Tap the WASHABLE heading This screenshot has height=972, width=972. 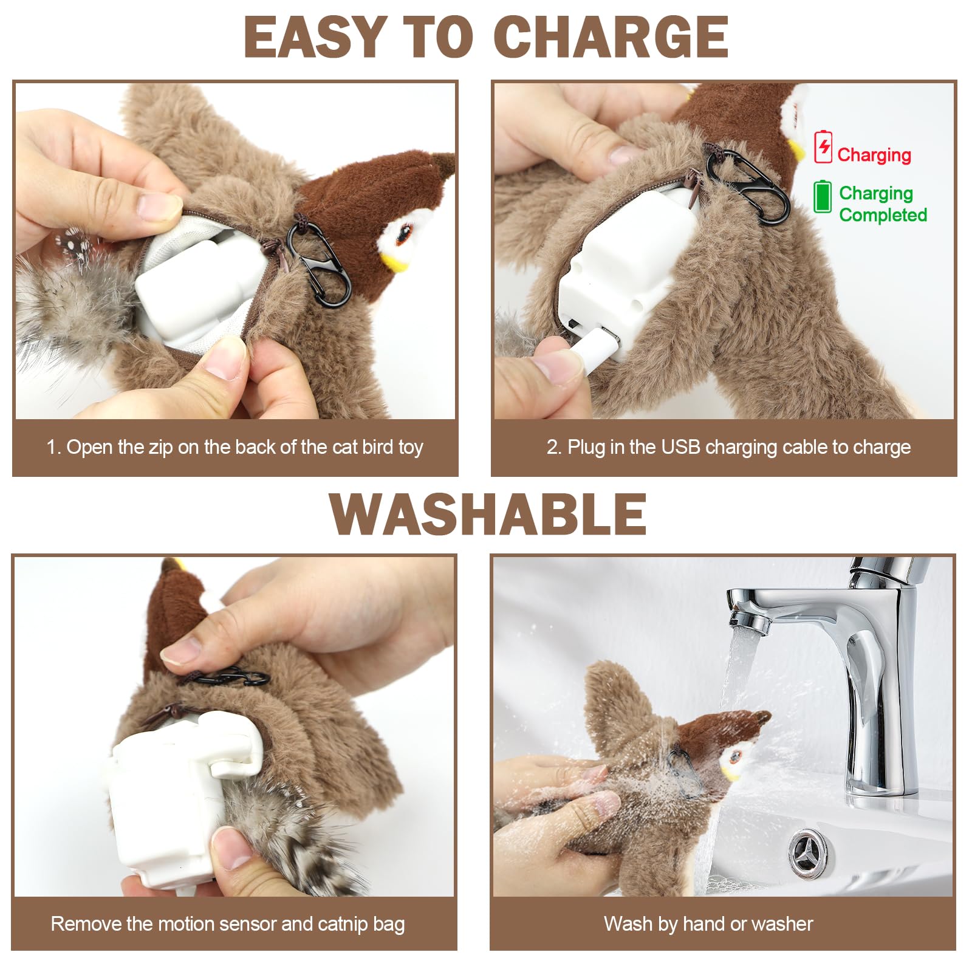pos(488,515)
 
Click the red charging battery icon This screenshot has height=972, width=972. pos(823,146)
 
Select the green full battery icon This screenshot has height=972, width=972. pos(822,196)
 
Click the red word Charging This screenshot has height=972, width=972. pos(874,155)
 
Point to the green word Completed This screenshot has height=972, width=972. pos(882,215)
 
